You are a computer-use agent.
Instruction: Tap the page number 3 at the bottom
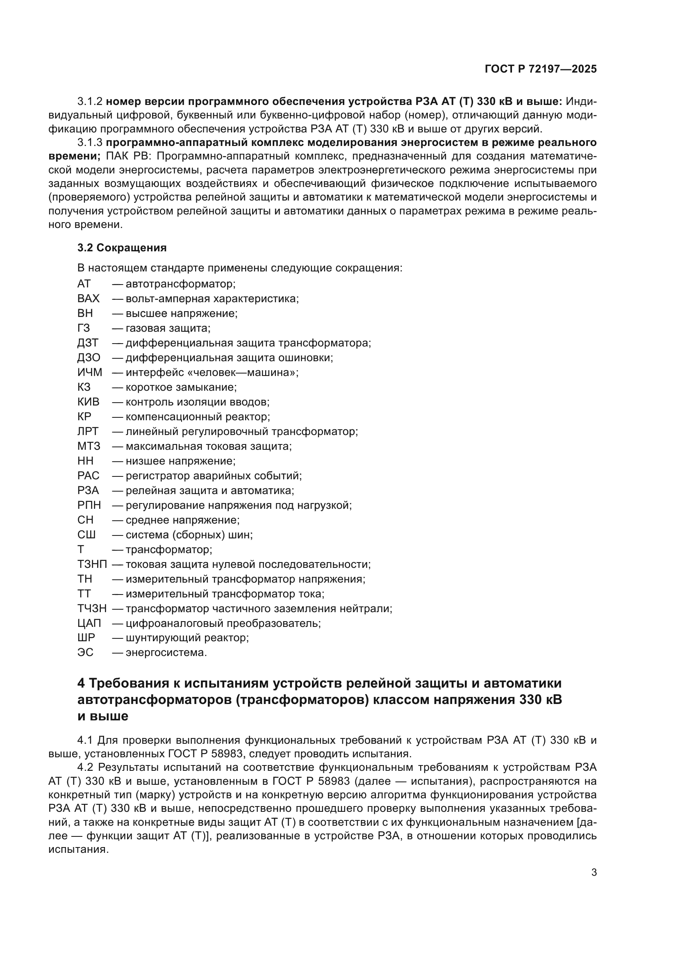pyautogui.click(x=594, y=872)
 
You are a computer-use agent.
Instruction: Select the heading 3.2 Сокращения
pyautogui.click(x=122, y=248)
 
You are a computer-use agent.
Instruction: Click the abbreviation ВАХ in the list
pyautogui.click(x=89, y=298)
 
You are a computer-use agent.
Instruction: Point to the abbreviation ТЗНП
pyautogui.click(x=92, y=564)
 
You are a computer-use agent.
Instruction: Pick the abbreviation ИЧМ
pyautogui.click(x=90, y=372)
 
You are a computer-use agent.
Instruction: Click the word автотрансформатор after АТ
pyautogui.click(x=180, y=284)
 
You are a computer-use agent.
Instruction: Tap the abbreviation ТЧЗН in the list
pyautogui.click(x=92, y=608)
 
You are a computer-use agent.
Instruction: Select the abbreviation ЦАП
pyautogui.click(x=89, y=623)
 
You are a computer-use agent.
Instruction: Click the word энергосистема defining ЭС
pyautogui.click(x=166, y=652)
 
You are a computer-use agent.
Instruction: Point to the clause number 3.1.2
pyautogui.click(x=90, y=102)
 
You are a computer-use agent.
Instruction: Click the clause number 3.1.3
pyautogui.click(x=90, y=142)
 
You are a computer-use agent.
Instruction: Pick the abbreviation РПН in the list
pyautogui.click(x=89, y=506)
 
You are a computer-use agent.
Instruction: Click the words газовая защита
pyautogui.click(x=168, y=328)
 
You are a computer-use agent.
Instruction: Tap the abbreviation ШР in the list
pyautogui.click(x=86, y=638)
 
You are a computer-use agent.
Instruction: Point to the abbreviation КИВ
pyautogui.click(x=89, y=402)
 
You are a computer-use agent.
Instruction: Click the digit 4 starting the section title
pyautogui.click(x=82, y=684)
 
